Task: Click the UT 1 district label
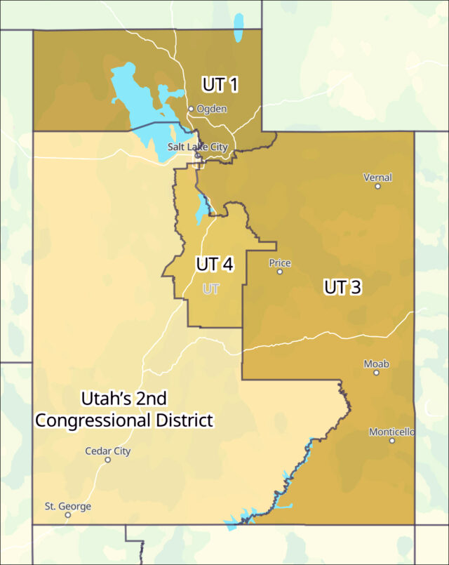tap(220, 85)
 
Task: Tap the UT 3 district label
tap(342, 286)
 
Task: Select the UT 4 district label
tap(215, 265)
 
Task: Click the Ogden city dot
tap(191, 109)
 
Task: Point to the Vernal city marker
tap(377, 187)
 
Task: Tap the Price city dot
tap(279, 272)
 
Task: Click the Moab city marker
tap(376, 373)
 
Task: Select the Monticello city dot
tap(392, 440)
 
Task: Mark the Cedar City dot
tap(108, 460)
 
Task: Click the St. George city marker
tap(68, 514)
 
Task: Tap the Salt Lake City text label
tap(197, 147)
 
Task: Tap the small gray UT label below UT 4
tap(211, 288)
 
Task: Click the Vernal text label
tap(377, 178)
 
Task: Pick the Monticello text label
tap(393, 432)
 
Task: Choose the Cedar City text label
tap(108, 451)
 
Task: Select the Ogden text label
tap(212, 109)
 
